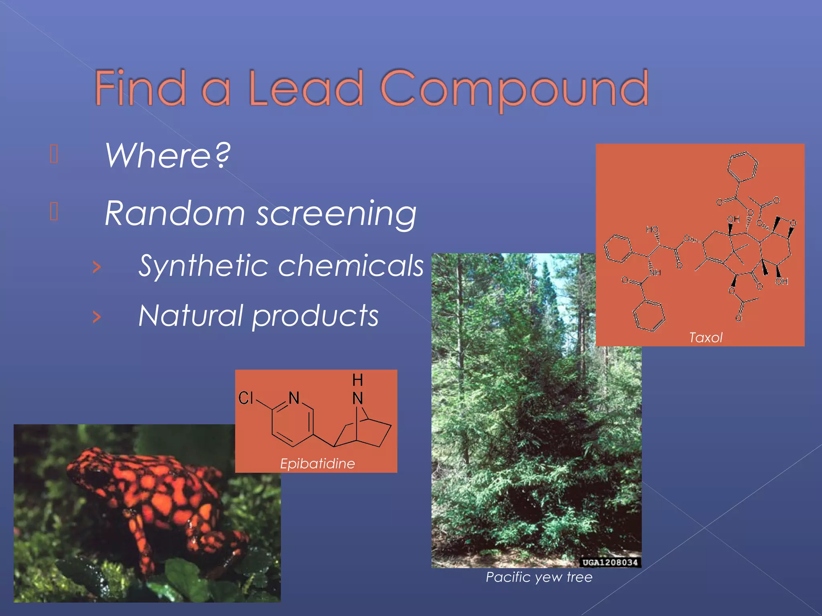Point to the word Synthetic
click(x=201, y=266)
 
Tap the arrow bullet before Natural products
click(x=96, y=317)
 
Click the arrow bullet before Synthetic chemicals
click(x=96, y=267)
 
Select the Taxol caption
click(x=705, y=338)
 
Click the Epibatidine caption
click(x=317, y=464)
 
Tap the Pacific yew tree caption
click(x=539, y=577)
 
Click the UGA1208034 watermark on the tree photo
click(x=610, y=562)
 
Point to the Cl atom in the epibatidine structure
click(x=246, y=398)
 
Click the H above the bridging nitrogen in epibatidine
click(x=358, y=379)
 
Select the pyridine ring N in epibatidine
click(x=294, y=398)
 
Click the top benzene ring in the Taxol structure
click(x=743, y=166)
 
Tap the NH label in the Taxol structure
click(x=655, y=273)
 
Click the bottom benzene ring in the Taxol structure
click(x=649, y=316)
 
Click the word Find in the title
click(x=140, y=88)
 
